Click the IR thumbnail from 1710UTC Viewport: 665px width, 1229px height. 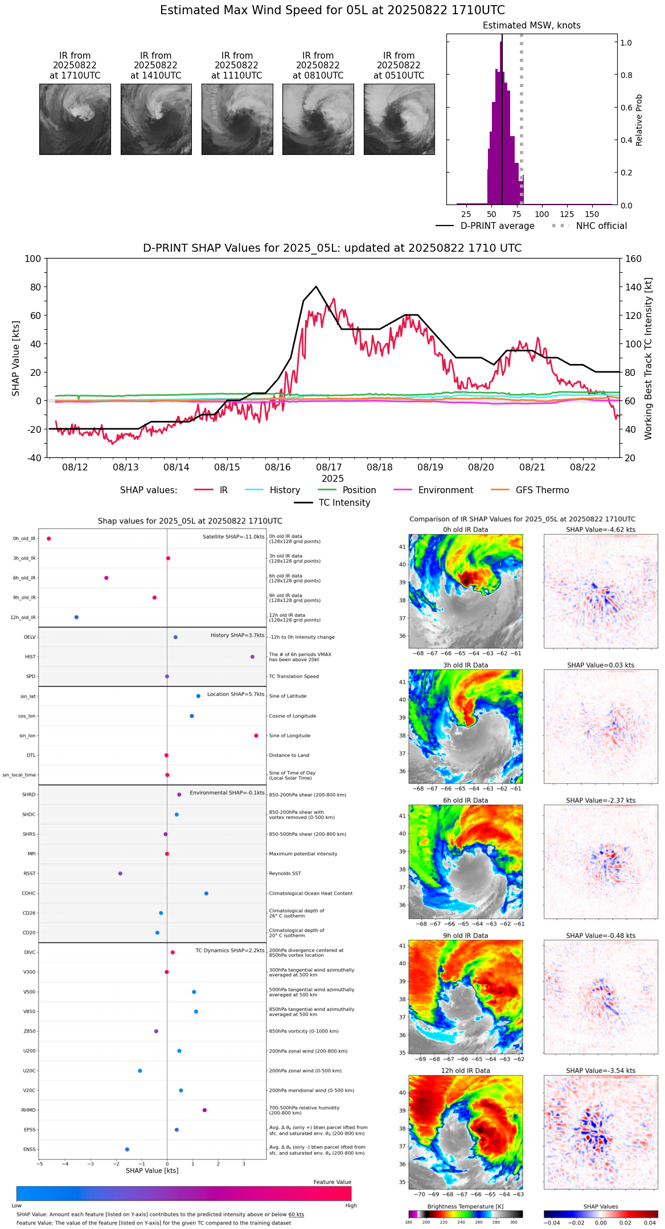click(x=75, y=119)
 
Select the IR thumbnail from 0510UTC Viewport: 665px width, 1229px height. click(x=399, y=119)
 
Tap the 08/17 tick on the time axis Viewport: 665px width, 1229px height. click(x=329, y=467)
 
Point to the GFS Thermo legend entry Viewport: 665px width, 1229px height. click(x=542, y=490)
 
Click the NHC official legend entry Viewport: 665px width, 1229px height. click(x=601, y=226)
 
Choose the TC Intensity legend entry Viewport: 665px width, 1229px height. click(x=344, y=502)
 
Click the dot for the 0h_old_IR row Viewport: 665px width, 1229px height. click(x=49, y=538)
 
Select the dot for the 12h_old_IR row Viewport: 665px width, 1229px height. click(x=76, y=617)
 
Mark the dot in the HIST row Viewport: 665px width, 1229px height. click(x=252, y=657)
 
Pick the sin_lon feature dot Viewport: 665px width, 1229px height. click(x=256, y=735)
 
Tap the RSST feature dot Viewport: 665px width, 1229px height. click(x=120, y=873)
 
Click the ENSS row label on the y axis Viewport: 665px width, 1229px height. click(x=29, y=1149)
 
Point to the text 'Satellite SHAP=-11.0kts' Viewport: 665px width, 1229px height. click(x=233, y=536)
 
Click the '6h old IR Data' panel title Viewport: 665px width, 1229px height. click(x=465, y=800)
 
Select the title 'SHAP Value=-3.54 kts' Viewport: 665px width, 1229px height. click(x=601, y=1071)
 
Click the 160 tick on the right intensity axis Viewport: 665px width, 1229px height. click(x=634, y=259)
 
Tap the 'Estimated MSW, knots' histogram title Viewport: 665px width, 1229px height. click(x=531, y=26)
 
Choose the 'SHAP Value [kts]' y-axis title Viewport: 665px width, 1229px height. click(x=16, y=358)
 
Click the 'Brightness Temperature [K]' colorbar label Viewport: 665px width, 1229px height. click(x=465, y=1206)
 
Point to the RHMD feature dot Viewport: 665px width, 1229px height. click(x=204, y=1110)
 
